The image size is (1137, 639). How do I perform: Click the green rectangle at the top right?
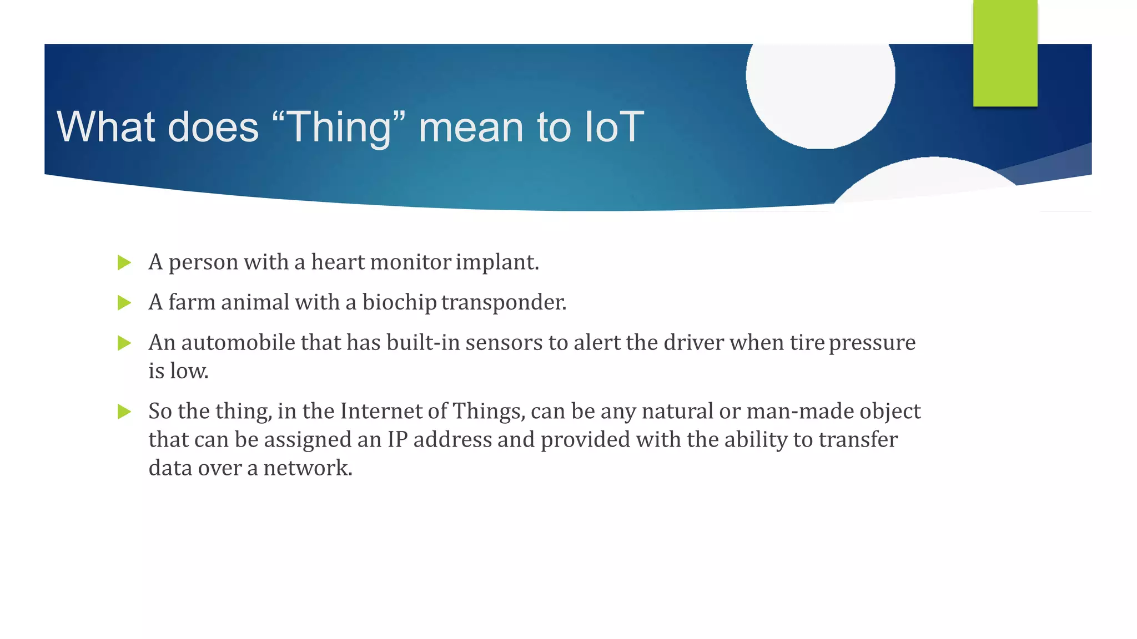click(1005, 53)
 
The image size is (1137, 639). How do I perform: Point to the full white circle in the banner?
click(820, 83)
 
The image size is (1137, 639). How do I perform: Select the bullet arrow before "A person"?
click(124, 262)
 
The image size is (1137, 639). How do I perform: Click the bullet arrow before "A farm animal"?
click(124, 303)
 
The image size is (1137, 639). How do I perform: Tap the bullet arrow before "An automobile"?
click(124, 343)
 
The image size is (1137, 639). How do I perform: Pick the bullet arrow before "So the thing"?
click(124, 412)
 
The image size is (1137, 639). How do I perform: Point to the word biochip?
click(399, 303)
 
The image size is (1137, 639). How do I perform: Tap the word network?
click(307, 468)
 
